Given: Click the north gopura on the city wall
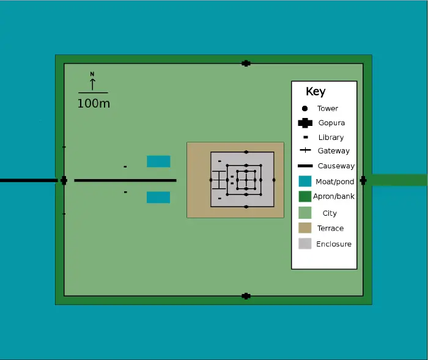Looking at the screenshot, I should pyautogui.click(x=246, y=63).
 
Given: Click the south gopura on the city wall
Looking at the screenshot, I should pyautogui.click(x=246, y=296).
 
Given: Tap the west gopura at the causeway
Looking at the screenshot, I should pyautogui.click(x=64, y=180).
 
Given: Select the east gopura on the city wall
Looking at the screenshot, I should pyautogui.click(x=363, y=180).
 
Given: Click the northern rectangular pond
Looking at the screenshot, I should pyautogui.click(x=158, y=161).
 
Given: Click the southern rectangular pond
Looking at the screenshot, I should pyautogui.click(x=158, y=197).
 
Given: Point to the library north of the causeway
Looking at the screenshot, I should pyautogui.click(x=125, y=167).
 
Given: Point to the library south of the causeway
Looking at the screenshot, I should pyautogui.click(x=125, y=192).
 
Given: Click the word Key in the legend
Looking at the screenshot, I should pyautogui.click(x=315, y=92).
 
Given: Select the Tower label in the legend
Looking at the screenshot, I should pyautogui.click(x=328, y=108).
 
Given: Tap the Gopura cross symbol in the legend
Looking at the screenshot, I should pyautogui.click(x=304, y=123).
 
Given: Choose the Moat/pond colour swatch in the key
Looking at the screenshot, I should pyautogui.click(x=305, y=182).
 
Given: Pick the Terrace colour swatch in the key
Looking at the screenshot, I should pyautogui.click(x=305, y=228).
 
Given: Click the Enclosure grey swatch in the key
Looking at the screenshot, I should pyautogui.click(x=305, y=244).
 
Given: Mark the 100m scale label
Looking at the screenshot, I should pyautogui.click(x=94, y=103).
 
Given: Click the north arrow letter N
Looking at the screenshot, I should pyautogui.click(x=92, y=74).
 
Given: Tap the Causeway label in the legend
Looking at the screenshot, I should pyautogui.click(x=336, y=166).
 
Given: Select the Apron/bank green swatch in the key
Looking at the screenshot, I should pyautogui.click(x=305, y=196).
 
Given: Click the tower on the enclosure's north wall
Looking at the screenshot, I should pyautogui.click(x=246, y=152).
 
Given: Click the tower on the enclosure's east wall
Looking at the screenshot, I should pyautogui.click(x=274, y=180).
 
